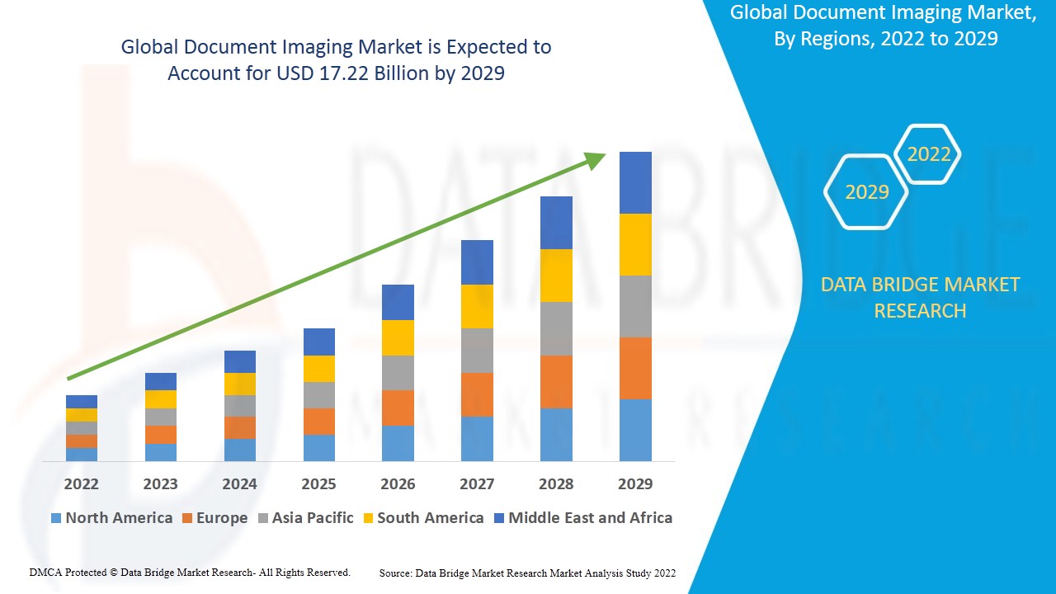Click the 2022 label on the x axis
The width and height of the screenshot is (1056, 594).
(x=81, y=483)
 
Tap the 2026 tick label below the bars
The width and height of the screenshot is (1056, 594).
(x=398, y=483)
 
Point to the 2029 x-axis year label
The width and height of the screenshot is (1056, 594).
(x=635, y=483)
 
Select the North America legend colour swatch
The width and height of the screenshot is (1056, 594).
(x=56, y=518)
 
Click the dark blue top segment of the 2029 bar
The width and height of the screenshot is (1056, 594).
(x=635, y=182)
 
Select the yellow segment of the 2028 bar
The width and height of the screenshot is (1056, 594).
(x=556, y=276)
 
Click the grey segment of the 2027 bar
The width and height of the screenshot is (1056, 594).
(x=477, y=351)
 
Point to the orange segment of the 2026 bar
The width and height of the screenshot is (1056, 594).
(x=398, y=408)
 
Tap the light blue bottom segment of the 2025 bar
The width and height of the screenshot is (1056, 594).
(x=318, y=447)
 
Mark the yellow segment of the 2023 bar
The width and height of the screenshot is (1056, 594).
(x=160, y=399)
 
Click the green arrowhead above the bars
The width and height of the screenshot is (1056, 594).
(x=596, y=159)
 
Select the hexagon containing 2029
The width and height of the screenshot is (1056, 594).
(x=866, y=192)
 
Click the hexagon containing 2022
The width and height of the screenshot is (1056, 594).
(x=929, y=154)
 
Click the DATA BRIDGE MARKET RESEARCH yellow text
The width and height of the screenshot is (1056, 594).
(x=920, y=298)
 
